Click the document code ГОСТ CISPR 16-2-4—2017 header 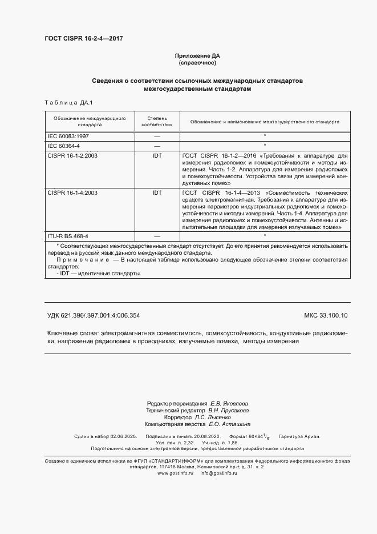83,38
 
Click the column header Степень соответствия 156,121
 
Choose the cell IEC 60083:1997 68,137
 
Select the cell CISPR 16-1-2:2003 72,155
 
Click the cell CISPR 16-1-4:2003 72,193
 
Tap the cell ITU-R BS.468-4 67,236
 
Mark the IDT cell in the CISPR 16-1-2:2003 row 157,155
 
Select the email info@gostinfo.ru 220,473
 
